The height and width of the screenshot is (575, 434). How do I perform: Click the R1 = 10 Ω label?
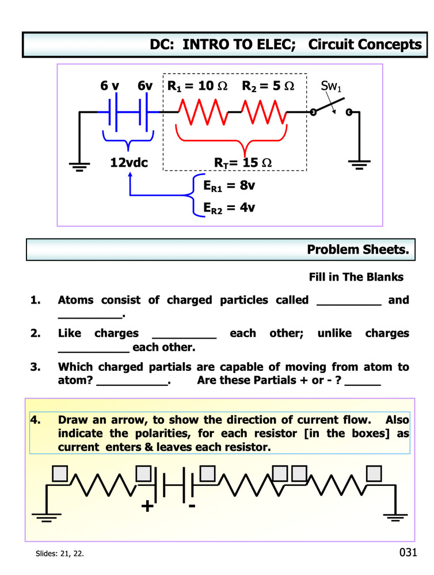point(197,86)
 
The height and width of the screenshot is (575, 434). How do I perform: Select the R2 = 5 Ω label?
point(268,86)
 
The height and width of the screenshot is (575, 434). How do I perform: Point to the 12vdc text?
point(129,163)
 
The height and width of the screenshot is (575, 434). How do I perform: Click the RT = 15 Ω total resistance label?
point(243,163)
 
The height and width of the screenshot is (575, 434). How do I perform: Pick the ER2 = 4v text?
point(229,207)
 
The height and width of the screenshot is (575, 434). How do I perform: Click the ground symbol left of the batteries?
point(79,166)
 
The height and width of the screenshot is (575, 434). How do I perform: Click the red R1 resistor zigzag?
point(201,112)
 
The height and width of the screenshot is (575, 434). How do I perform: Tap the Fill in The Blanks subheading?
point(356,277)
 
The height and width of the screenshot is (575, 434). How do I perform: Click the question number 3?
point(36,367)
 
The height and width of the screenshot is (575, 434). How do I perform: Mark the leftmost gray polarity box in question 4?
point(60,473)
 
